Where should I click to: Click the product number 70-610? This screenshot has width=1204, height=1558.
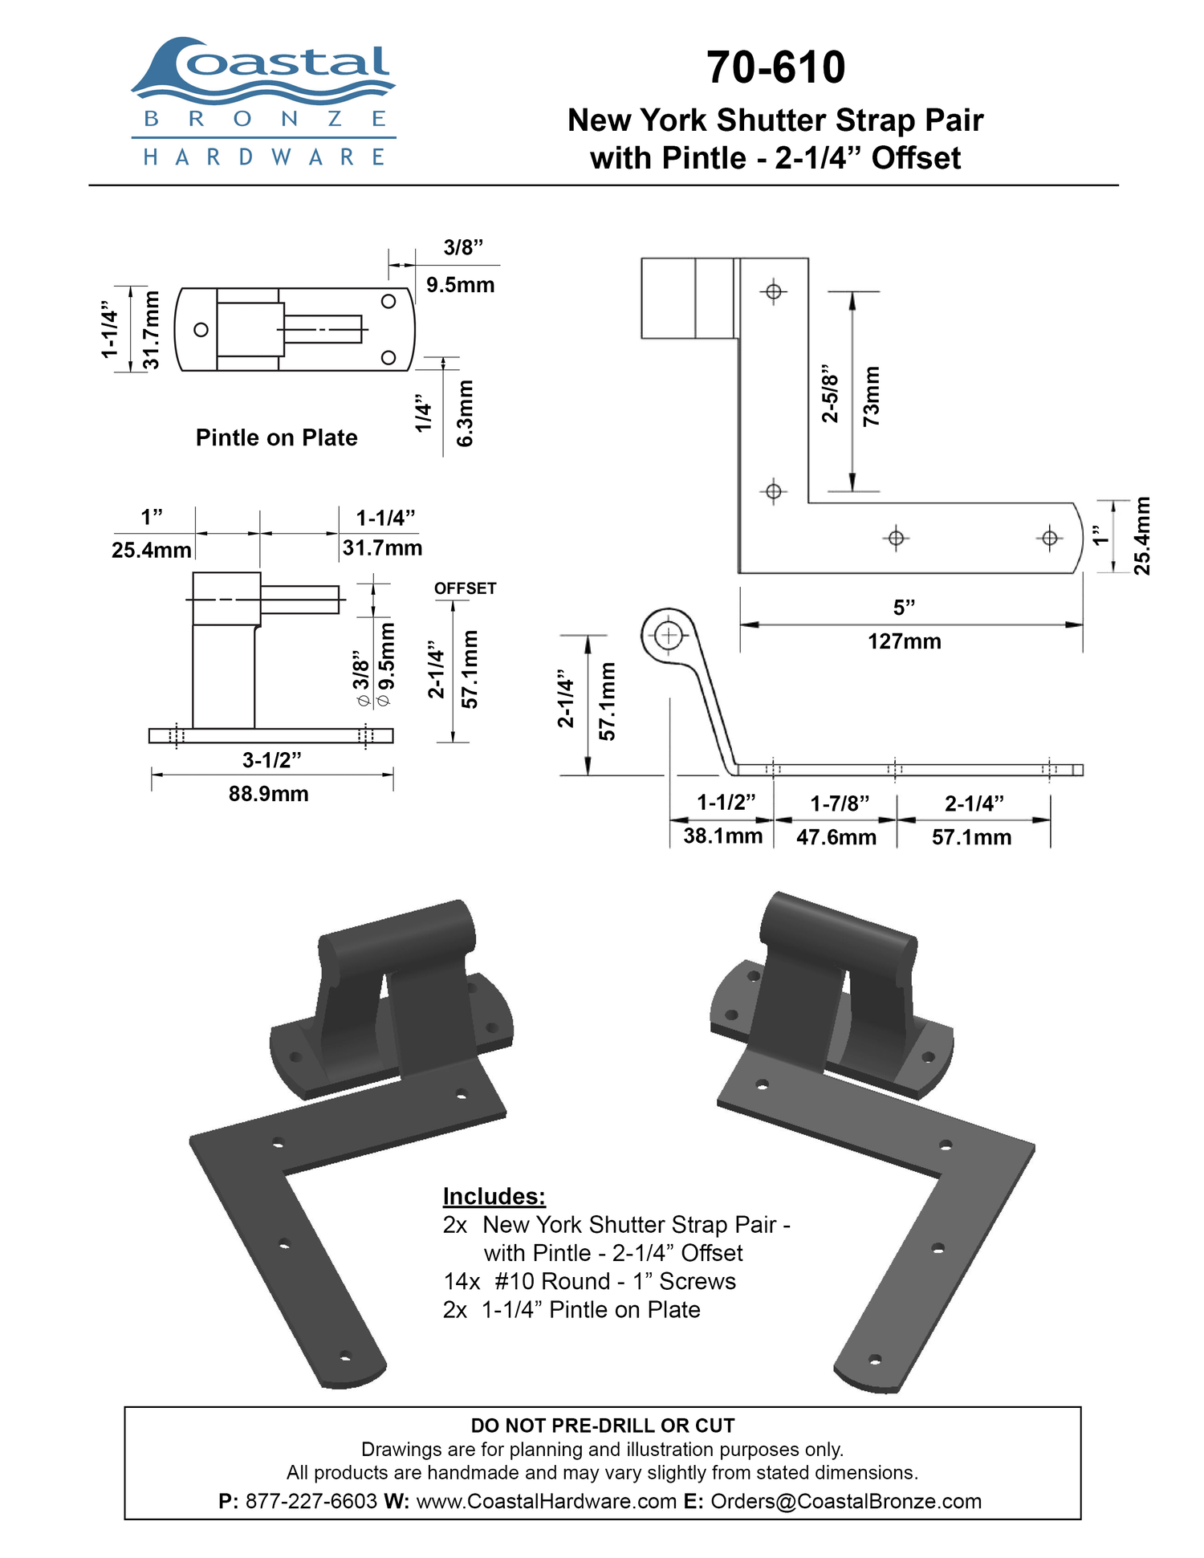(775, 67)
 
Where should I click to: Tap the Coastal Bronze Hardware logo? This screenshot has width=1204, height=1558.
(263, 101)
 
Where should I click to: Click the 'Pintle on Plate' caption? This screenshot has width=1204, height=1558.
(277, 437)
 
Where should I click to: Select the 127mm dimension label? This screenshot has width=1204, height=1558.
(905, 641)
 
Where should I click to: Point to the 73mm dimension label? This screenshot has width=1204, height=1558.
(871, 396)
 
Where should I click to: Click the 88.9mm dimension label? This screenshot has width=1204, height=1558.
(269, 794)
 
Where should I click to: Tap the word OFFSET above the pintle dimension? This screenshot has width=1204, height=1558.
(466, 588)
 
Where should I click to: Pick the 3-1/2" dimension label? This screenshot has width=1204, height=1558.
(272, 759)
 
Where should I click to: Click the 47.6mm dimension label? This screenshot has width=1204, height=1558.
(836, 837)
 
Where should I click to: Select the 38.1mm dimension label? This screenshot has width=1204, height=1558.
(723, 836)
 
